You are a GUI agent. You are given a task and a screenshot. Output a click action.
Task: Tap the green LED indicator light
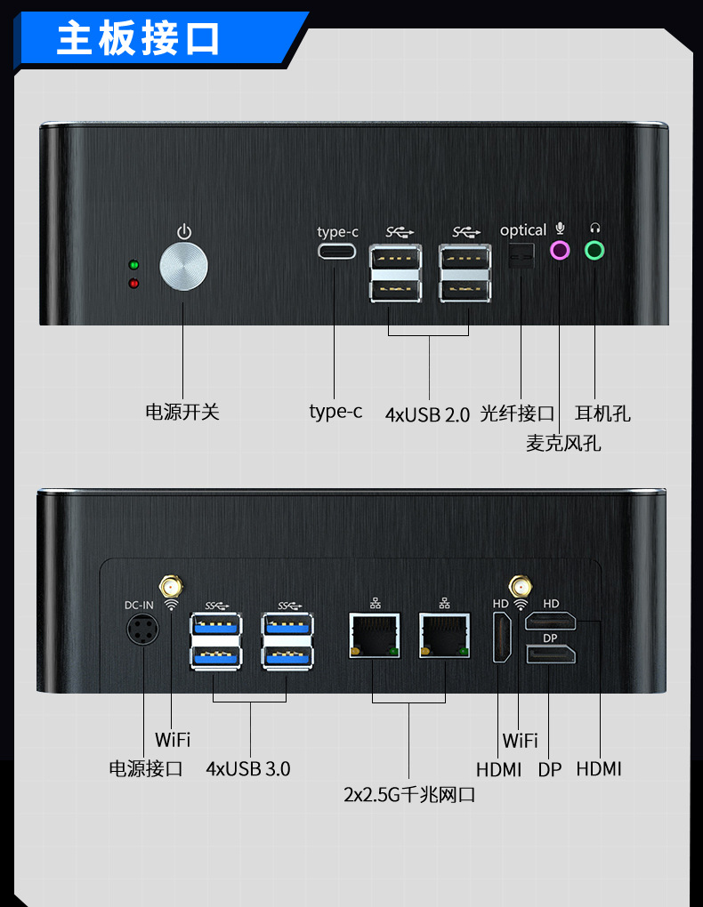point(133,265)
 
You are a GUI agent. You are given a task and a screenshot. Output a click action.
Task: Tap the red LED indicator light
point(133,284)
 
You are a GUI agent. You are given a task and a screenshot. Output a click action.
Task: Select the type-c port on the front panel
point(336,251)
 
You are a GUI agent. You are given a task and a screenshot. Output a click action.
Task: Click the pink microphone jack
point(560,251)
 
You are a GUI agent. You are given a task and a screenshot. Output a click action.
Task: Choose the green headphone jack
point(594,251)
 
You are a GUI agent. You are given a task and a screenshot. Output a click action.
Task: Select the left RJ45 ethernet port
point(374,637)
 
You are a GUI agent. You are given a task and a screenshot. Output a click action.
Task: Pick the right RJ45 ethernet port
point(444,637)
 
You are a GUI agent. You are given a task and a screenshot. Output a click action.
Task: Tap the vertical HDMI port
point(503,638)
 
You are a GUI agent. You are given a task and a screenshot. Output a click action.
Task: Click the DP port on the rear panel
point(551,656)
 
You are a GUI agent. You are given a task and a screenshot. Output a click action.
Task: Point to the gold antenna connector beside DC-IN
point(170,587)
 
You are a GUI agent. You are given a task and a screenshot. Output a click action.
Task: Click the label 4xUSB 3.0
point(247,768)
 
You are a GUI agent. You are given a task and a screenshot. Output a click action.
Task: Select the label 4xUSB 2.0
point(427,414)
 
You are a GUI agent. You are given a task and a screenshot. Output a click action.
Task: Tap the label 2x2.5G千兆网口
point(409,794)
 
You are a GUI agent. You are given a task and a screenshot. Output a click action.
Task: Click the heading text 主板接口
point(139,39)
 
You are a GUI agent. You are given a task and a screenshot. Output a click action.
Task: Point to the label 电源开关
point(182,412)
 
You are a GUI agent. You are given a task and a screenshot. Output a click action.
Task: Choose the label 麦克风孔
point(562,442)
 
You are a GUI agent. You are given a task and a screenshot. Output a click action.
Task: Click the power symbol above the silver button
point(183,232)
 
